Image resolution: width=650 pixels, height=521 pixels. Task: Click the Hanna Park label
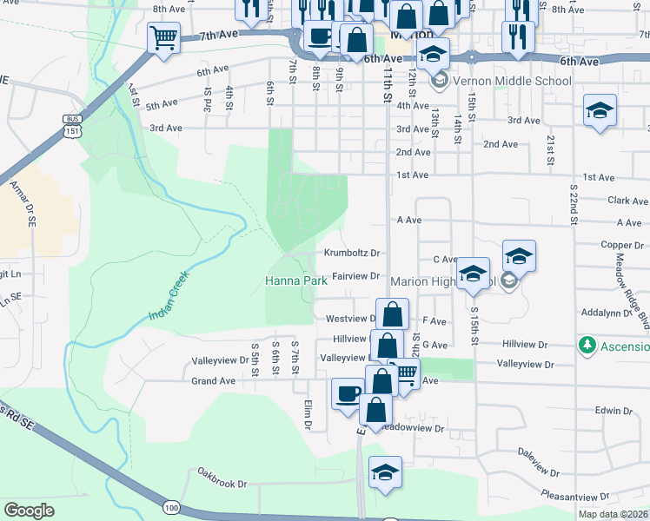(x=295, y=281)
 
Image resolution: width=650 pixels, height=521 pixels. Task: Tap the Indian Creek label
(x=169, y=296)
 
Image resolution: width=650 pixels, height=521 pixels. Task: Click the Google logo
(x=29, y=510)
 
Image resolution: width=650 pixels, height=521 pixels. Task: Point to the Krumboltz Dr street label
(x=352, y=254)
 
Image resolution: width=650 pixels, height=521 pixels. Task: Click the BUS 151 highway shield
(x=71, y=124)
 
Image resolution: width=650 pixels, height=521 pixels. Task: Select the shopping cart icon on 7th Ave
(x=163, y=38)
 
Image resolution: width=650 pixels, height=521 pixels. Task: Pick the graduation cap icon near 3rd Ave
(x=600, y=110)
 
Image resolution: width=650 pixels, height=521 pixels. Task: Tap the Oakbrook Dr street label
(x=222, y=484)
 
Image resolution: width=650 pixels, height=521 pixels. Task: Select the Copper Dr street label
(x=620, y=245)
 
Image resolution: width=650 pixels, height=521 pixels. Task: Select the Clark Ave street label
(x=628, y=200)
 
